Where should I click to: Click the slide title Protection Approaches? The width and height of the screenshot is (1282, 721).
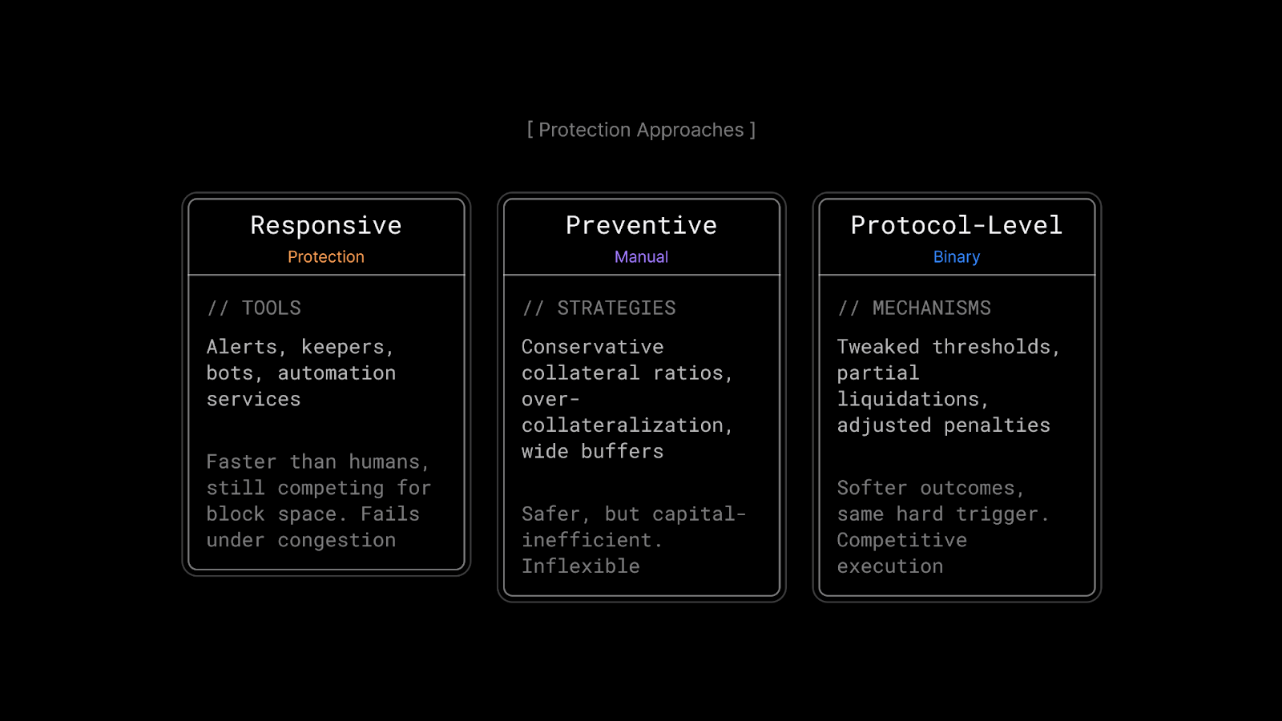[x=641, y=130]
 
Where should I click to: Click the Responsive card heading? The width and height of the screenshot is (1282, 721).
[x=326, y=225]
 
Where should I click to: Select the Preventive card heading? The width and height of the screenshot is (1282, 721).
[x=641, y=225]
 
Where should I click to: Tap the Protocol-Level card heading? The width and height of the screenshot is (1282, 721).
[x=957, y=225]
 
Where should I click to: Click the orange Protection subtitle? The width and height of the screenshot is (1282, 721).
[x=325, y=257]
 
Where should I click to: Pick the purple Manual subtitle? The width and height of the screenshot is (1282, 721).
[x=641, y=257]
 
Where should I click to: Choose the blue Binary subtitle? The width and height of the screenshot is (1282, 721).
[x=957, y=257]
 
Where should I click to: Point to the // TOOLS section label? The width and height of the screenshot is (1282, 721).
[x=253, y=308]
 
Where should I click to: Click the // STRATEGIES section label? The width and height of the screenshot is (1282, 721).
[x=599, y=308]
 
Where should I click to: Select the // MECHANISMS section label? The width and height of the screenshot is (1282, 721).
[x=914, y=308]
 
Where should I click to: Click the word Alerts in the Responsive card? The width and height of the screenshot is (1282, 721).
[x=241, y=347]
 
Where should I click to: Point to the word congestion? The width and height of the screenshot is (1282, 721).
[x=337, y=540]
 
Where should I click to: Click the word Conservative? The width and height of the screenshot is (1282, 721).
[x=592, y=347]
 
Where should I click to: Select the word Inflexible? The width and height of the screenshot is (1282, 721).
[x=580, y=566]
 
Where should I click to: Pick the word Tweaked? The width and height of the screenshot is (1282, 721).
[x=878, y=347]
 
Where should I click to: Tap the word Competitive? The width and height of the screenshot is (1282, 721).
[x=902, y=540]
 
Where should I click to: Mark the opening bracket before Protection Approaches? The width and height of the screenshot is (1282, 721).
[x=530, y=130]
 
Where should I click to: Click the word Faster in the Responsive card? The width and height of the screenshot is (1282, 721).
[x=241, y=461]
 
